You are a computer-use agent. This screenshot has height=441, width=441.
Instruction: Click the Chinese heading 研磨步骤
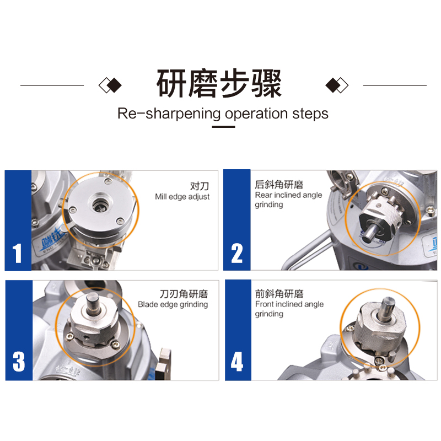tap(219, 84)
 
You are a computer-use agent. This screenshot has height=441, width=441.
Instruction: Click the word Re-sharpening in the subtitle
tap(169, 114)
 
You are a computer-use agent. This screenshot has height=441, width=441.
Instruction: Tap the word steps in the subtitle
tap(310, 114)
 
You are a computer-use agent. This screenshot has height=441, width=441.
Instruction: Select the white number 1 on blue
tap(17, 253)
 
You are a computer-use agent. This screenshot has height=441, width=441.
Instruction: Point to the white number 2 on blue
tap(237, 253)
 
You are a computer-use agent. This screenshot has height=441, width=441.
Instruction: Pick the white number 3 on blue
tap(19, 362)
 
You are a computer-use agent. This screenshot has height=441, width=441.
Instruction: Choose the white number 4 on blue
tap(237, 362)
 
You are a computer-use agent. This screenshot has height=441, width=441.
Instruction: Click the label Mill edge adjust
tap(182, 197)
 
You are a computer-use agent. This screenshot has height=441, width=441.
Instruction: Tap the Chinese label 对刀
tap(200, 186)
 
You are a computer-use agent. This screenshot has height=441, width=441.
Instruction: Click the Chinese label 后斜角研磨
tap(279, 185)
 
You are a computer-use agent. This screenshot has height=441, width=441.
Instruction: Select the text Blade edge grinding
tap(173, 305)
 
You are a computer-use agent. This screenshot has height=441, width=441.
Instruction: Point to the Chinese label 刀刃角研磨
tap(184, 294)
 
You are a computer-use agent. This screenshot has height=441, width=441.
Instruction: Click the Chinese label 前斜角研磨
tap(279, 294)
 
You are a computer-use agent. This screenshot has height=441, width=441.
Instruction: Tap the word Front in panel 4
tap(265, 304)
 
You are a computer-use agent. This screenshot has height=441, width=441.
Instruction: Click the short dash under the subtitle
tap(223, 127)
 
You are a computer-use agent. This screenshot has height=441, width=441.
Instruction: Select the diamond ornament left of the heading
tap(110, 85)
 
